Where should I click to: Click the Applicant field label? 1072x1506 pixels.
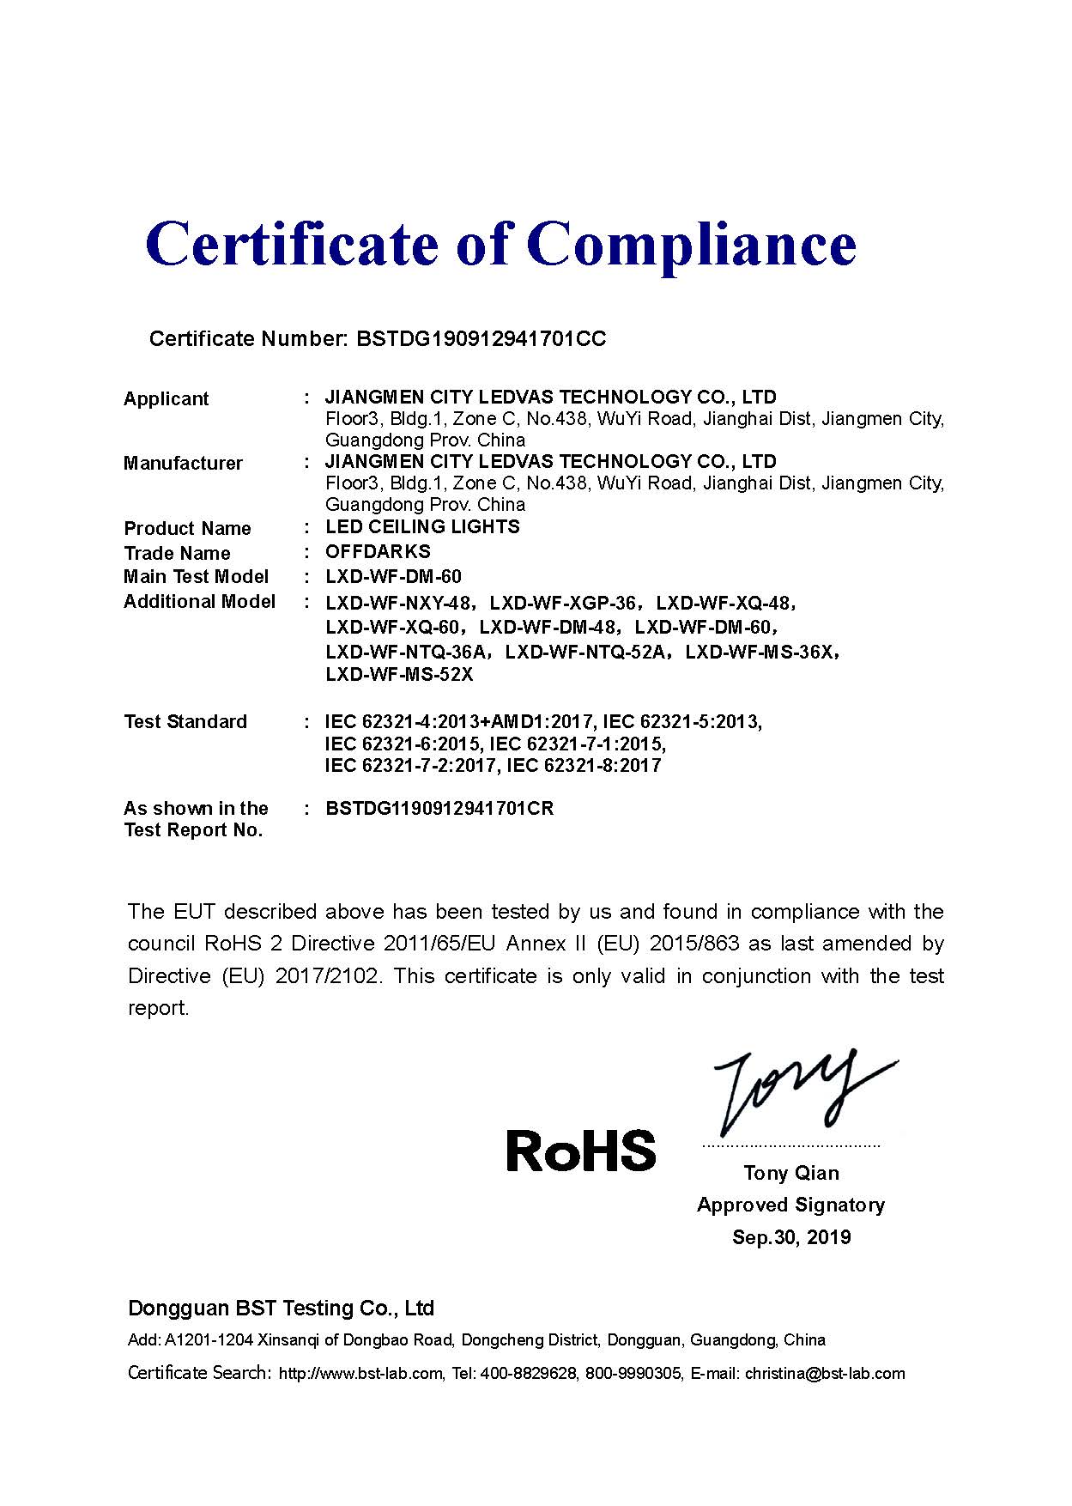click(x=166, y=398)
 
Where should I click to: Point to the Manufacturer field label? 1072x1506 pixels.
click(x=183, y=464)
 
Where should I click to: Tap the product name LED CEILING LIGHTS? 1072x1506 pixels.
click(x=422, y=527)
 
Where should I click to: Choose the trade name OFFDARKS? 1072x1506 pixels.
click(x=378, y=551)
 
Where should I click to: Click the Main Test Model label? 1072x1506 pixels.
click(x=196, y=577)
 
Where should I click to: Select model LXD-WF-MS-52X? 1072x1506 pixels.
click(x=399, y=675)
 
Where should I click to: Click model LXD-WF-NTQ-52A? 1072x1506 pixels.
click(x=585, y=652)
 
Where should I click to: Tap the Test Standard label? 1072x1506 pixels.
click(x=185, y=722)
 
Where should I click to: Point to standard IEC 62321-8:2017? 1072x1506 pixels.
click(x=584, y=766)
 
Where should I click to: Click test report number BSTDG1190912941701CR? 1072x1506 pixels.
click(x=439, y=809)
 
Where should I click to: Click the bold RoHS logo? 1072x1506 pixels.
click(x=581, y=1151)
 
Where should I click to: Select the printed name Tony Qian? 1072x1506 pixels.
click(x=791, y=1173)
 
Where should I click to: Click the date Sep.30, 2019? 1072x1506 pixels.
click(x=791, y=1237)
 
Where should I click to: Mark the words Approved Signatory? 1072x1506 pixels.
click(x=790, y=1205)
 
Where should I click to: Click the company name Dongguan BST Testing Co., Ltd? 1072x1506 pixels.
click(x=281, y=1309)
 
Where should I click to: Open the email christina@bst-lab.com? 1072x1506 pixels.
click(x=825, y=1373)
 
